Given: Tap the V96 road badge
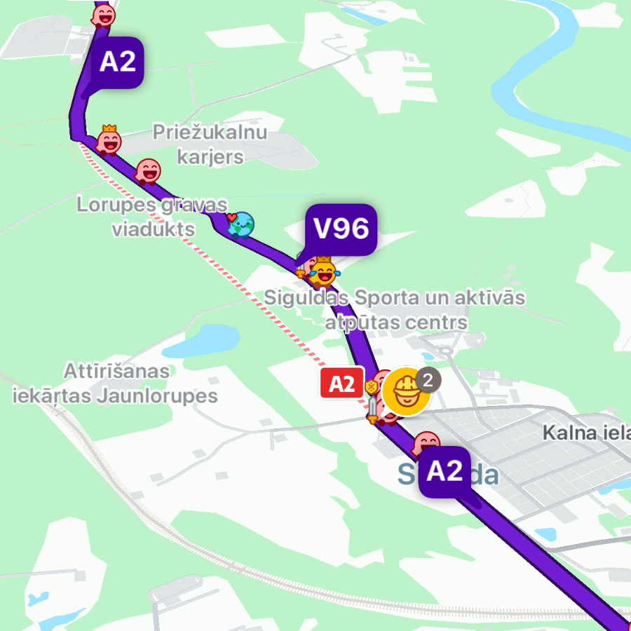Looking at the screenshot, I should (x=341, y=229).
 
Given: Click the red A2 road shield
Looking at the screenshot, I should (x=341, y=383).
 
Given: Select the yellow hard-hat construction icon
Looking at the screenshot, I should (x=405, y=391).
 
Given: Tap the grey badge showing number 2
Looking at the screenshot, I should (x=428, y=381).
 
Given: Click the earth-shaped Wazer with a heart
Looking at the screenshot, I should (x=241, y=224).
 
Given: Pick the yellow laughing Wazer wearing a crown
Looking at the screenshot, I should (x=323, y=271).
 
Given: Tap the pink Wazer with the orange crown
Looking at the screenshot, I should (x=109, y=140).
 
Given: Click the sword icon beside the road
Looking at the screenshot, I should (x=372, y=410).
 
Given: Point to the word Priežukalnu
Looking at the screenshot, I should (x=210, y=133).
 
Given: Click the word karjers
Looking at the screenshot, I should (x=210, y=156).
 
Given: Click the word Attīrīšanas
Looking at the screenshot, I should (x=116, y=370).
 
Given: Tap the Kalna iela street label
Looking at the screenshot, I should (x=586, y=433).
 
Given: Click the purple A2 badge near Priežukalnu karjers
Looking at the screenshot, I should (x=117, y=62).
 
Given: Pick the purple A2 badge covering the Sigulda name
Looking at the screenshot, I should (x=445, y=471).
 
